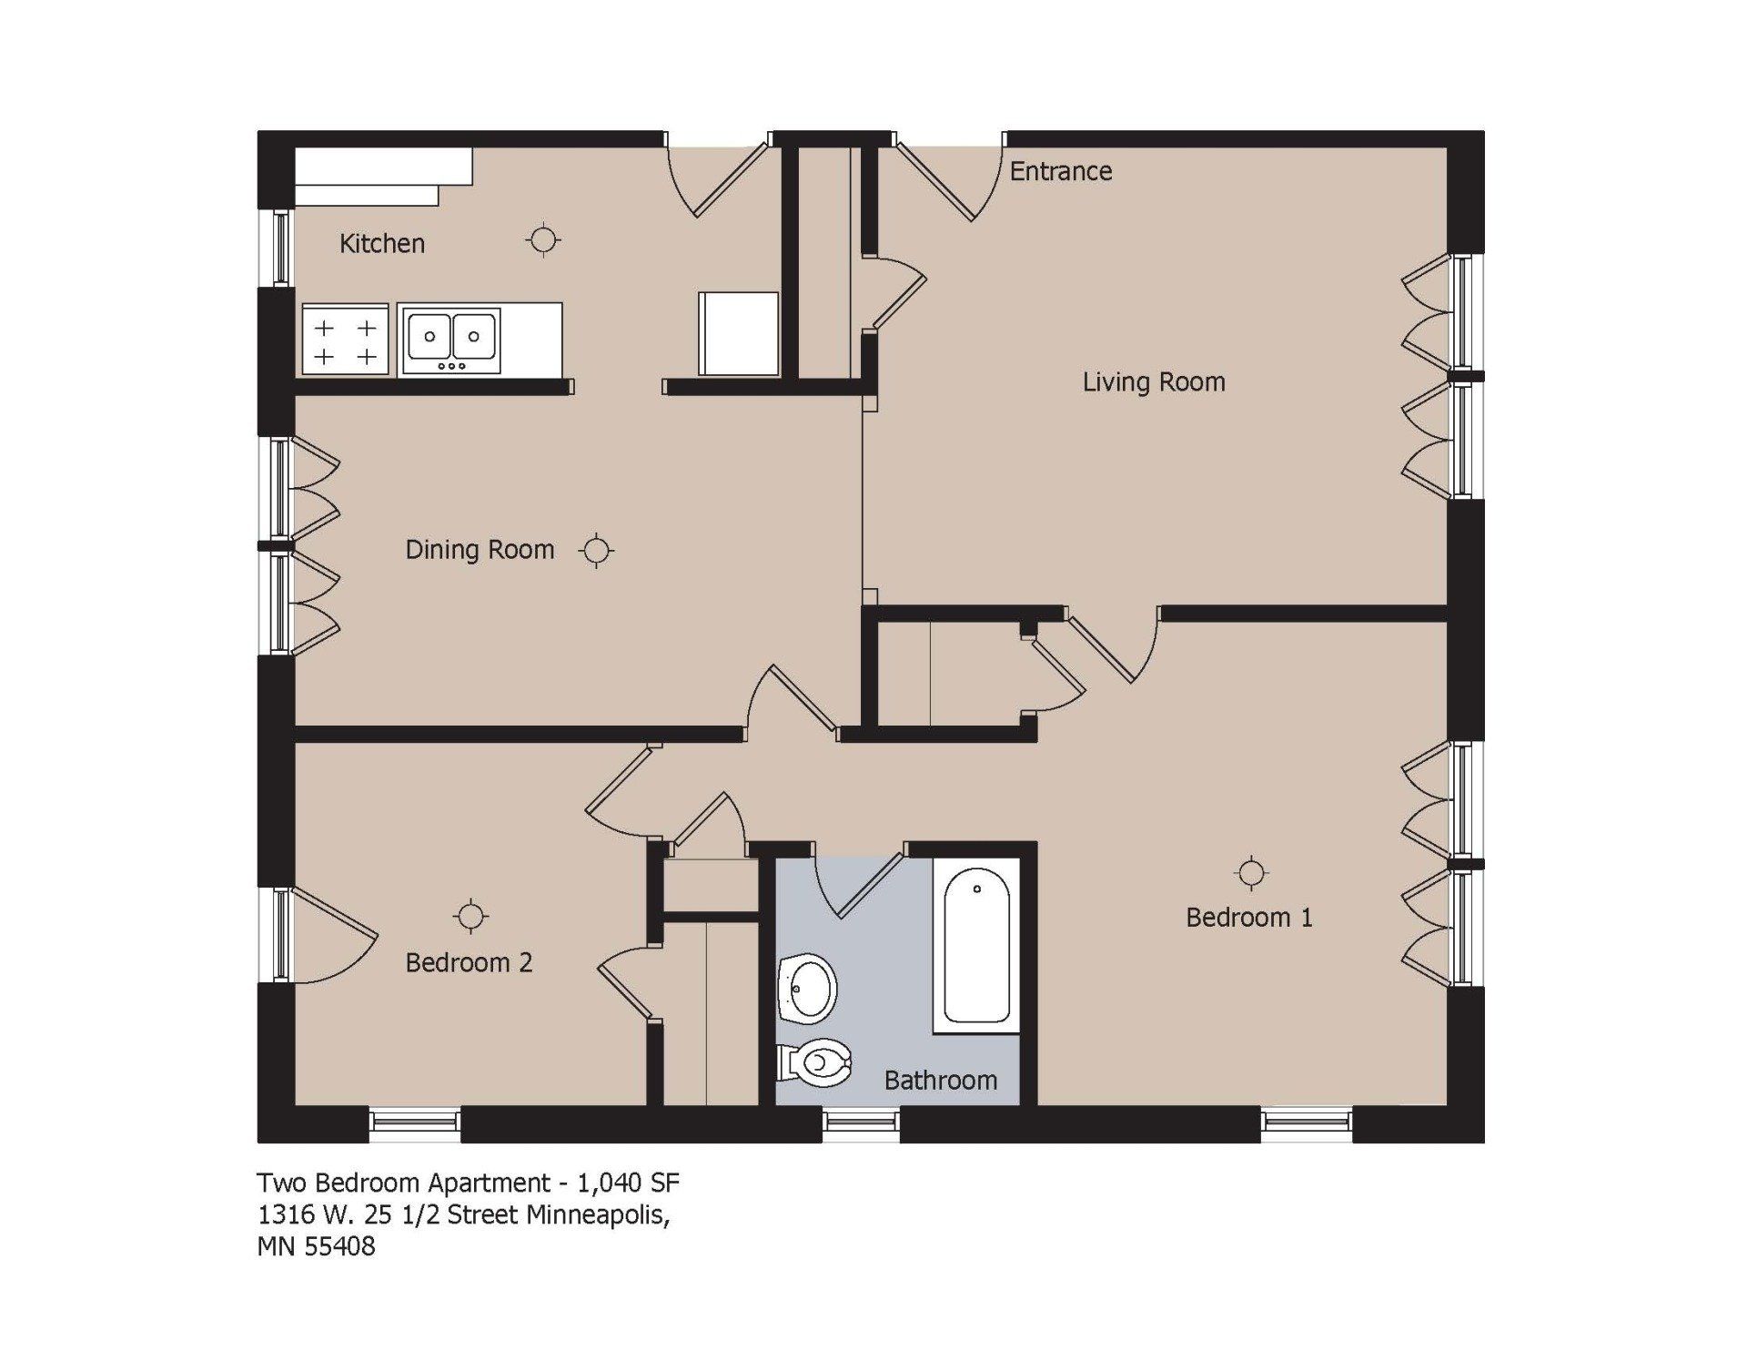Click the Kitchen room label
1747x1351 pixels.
pyautogui.click(x=381, y=244)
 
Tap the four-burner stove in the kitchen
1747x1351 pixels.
pyautogui.click(x=345, y=340)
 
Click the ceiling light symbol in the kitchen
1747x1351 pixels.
pyautogui.click(x=543, y=240)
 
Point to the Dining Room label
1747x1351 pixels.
pyautogui.click(x=480, y=550)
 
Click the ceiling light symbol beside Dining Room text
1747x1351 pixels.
pyautogui.click(x=596, y=551)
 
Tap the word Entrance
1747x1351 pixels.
pyautogui.click(x=1061, y=171)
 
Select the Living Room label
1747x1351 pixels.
pyautogui.click(x=1154, y=382)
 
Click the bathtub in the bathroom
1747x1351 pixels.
pyautogui.click(x=976, y=947)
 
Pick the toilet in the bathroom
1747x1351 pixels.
pyautogui.click(x=816, y=1062)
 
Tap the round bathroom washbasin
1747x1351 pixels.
pyautogui.click(x=808, y=988)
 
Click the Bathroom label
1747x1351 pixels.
pyautogui.click(x=940, y=1081)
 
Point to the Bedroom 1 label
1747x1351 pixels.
pyautogui.click(x=1248, y=918)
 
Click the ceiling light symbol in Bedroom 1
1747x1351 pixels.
pyautogui.click(x=1252, y=873)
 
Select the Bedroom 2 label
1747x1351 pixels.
pyautogui.click(x=469, y=963)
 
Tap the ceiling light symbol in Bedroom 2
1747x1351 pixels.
pyautogui.click(x=470, y=917)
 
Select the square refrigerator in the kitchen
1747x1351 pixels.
pyautogui.click(x=738, y=333)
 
